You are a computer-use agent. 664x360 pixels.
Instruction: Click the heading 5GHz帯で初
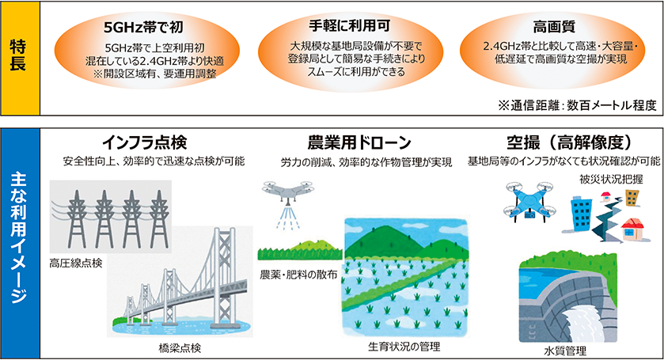(143, 28)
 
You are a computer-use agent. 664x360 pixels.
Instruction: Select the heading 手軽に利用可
(349, 26)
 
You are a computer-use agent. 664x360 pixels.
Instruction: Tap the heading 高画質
(553, 27)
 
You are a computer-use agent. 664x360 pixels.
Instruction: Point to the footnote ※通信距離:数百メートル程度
(577, 104)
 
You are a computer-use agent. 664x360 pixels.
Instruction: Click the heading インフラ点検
(144, 142)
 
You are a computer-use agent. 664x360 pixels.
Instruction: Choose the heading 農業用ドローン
(359, 142)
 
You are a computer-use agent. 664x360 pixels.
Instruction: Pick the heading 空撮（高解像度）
(569, 142)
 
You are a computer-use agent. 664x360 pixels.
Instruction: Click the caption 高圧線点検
(76, 263)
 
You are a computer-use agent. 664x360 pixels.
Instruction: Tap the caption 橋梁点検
(180, 348)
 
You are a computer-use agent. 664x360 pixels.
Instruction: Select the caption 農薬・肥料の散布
(298, 275)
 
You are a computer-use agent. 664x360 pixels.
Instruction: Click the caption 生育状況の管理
(404, 347)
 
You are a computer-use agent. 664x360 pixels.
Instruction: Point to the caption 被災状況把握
(611, 179)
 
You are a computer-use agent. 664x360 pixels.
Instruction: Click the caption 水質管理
(565, 351)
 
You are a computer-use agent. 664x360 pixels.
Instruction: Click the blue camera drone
(529, 203)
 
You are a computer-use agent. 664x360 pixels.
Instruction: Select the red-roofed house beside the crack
(633, 229)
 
